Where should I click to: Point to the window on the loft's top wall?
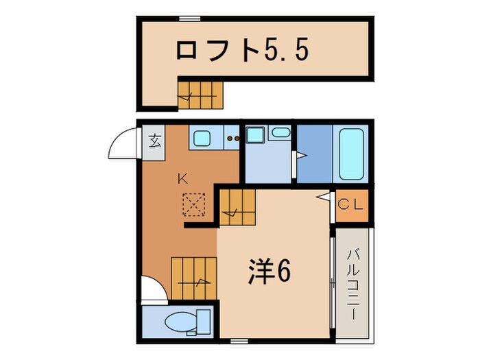click(x=190, y=18)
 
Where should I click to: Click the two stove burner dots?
click(x=234, y=138)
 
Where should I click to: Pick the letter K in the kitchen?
click(x=182, y=179)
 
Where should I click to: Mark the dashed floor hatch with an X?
click(x=193, y=204)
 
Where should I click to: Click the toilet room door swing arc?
click(x=152, y=288)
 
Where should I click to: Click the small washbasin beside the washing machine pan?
click(x=280, y=132)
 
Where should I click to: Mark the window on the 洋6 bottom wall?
click(x=239, y=341)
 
